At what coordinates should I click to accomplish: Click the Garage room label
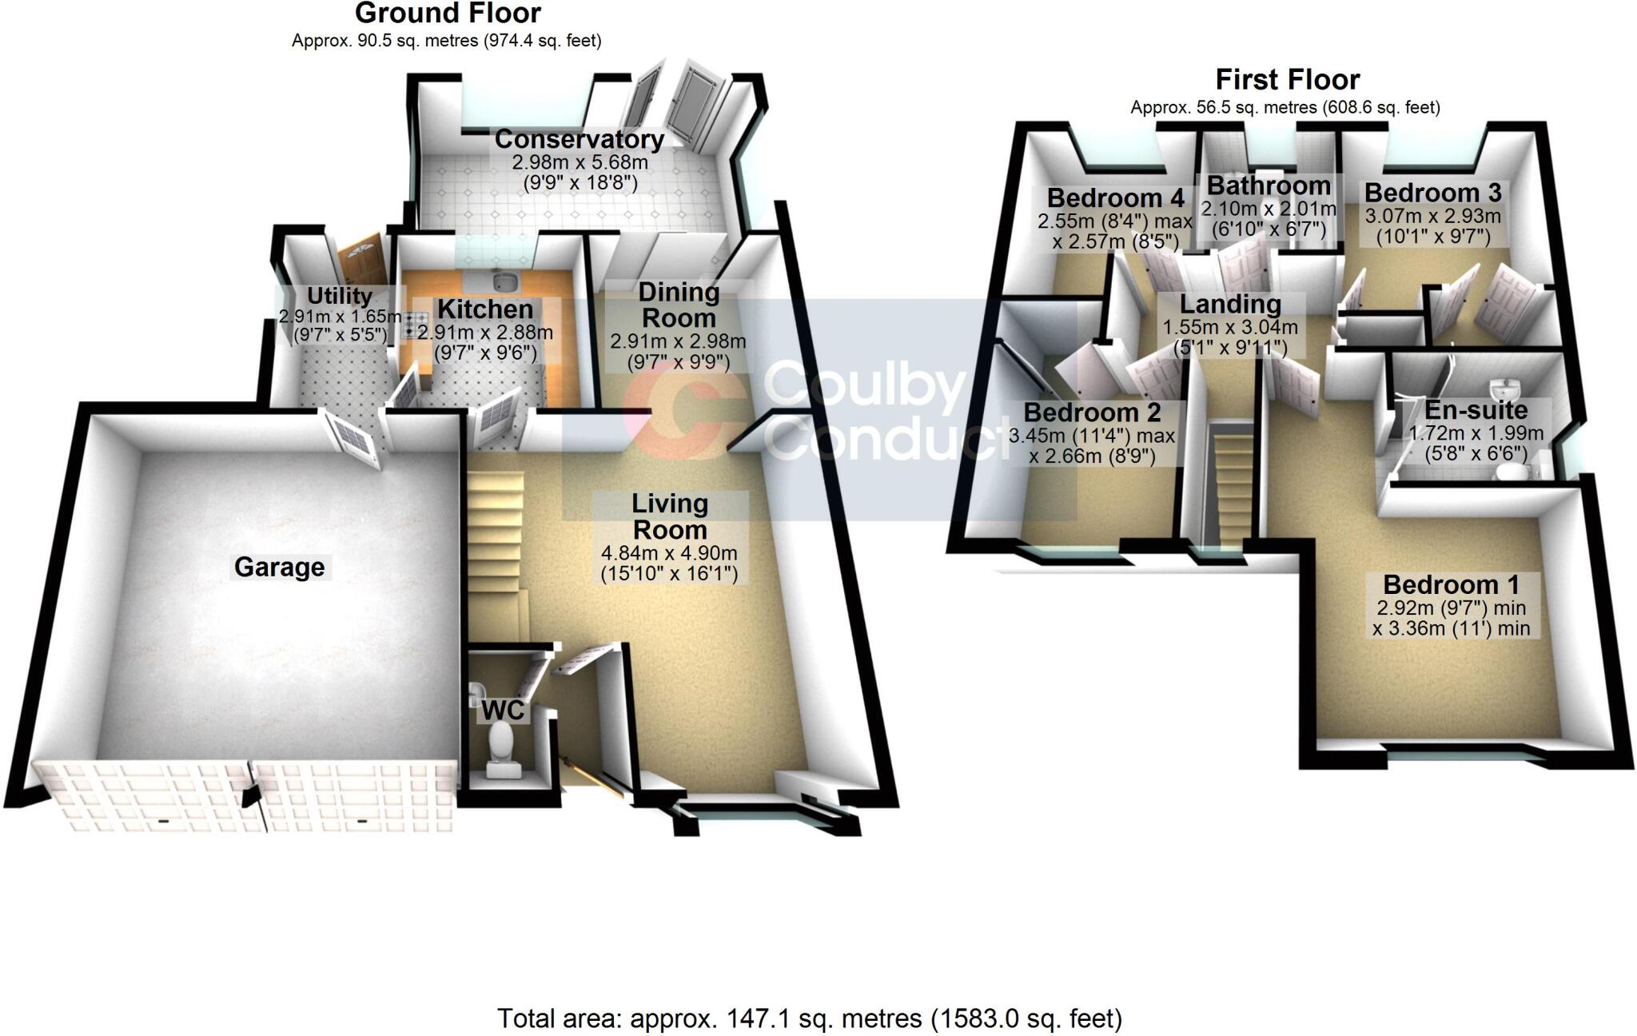pos(279,567)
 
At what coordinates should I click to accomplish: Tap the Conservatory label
pos(579,139)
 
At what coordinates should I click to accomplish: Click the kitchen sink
pos(504,281)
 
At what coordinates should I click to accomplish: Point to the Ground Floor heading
pos(448,14)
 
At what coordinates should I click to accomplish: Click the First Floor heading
pos(1287,80)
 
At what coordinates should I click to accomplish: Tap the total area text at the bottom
pos(809,1018)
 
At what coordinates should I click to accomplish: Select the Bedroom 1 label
pos(1451,584)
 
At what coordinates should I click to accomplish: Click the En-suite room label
pos(1476,410)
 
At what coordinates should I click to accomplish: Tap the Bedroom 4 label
pos(1115,197)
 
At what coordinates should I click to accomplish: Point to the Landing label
pos(1230,304)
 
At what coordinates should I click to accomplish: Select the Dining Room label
pos(679,305)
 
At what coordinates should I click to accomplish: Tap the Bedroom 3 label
pos(1432,193)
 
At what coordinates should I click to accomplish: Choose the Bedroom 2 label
pos(1092,412)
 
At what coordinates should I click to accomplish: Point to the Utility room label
pos(340,296)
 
